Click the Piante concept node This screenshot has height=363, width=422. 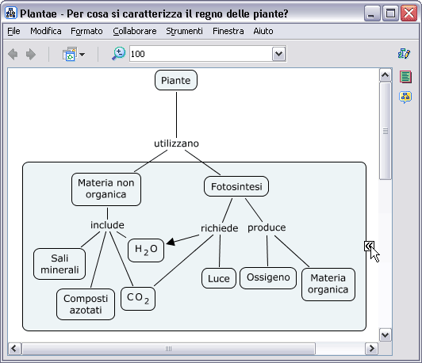pos(176,80)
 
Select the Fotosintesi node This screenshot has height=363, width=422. pos(236,186)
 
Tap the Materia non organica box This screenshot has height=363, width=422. pos(106,189)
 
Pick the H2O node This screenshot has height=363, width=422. pos(146,250)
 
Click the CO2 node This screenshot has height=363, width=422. pos(138,299)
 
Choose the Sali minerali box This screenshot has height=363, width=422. pos(59,264)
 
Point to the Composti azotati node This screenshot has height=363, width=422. pos(86,304)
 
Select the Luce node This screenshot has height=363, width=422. pos(219,278)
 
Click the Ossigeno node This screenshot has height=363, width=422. pos(268,277)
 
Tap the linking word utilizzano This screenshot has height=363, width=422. pos(177,143)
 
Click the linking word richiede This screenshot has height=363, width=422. pos(220,228)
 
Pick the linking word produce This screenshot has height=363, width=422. pos(267,227)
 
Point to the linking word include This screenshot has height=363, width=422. pos(107,225)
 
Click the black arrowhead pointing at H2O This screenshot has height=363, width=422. pos(171,242)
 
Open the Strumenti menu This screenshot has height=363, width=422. pos(184,31)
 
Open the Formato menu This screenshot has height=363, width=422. pos(86,31)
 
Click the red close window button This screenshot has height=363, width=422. pos(409,13)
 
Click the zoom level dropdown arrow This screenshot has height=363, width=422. pos(279,54)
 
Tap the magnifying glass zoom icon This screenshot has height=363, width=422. pos(118,54)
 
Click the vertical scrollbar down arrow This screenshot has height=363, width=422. pos(386,335)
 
